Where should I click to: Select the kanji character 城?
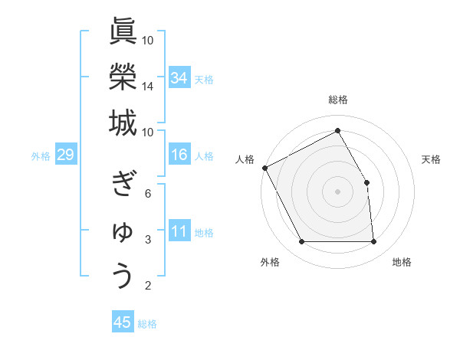point(123,122)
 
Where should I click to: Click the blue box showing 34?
point(179,78)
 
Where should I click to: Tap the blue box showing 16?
point(179,155)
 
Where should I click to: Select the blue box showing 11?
point(179,232)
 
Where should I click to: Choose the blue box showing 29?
point(65,155)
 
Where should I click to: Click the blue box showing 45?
point(123,322)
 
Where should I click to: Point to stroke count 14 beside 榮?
point(148,87)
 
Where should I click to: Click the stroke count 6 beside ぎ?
point(148,193)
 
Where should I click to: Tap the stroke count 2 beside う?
point(148,286)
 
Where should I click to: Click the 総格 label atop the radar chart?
point(338,100)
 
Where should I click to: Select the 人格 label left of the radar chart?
point(245,159)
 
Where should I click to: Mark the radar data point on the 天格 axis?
point(366,182)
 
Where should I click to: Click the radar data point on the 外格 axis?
point(302,242)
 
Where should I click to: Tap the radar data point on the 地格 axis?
point(373,242)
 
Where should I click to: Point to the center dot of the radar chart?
point(338,191)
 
